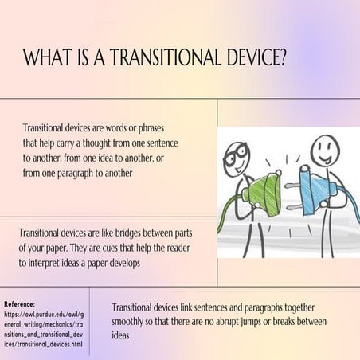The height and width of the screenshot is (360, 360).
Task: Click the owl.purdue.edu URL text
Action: coord(45,324)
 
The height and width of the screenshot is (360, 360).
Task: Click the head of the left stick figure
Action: coord(237,157)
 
